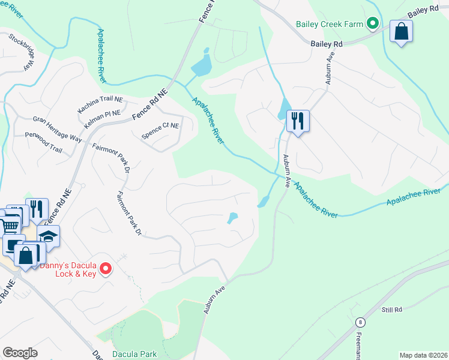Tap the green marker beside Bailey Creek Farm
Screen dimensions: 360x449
[372, 24]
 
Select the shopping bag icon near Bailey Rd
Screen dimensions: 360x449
[401, 32]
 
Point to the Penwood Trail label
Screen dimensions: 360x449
[43, 148]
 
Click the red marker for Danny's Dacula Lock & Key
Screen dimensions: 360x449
[105, 268]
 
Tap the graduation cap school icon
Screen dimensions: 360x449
[48, 235]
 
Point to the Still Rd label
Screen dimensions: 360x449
[391, 310]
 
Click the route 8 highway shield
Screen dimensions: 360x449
[359, 322]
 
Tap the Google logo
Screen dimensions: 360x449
[20, 353]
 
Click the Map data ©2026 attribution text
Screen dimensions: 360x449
[423, 355]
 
